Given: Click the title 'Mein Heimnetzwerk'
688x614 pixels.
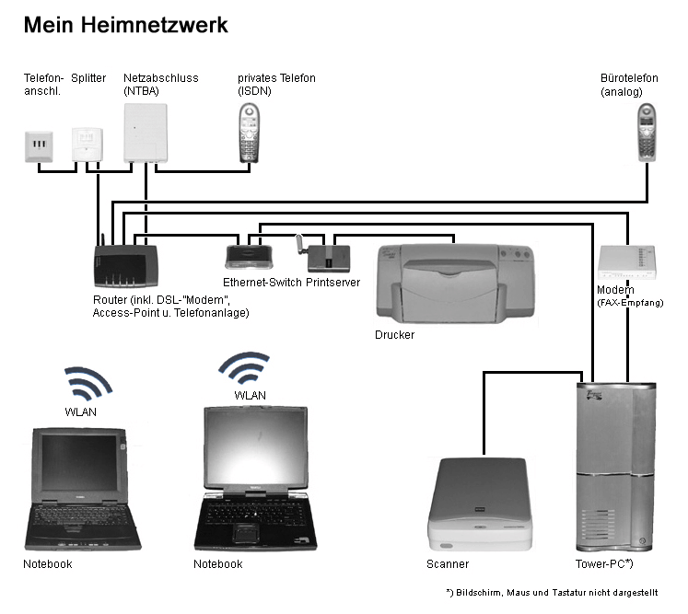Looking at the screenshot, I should pos(125,25).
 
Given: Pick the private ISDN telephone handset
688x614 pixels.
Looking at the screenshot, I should pos(247,133).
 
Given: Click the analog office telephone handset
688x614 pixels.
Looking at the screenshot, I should pos(647,132).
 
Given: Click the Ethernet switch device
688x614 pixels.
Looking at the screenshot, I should pos(246,254).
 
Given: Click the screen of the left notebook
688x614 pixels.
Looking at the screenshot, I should pos(79,466).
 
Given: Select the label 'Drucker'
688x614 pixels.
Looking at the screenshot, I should pos(394,335).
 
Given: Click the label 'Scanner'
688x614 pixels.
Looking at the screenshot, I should pos(448,563).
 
